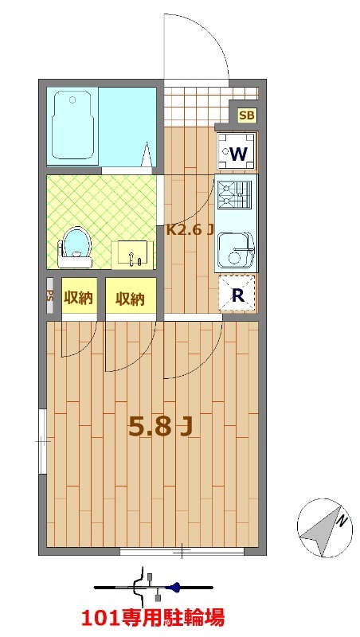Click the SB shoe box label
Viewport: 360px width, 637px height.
[246, 115]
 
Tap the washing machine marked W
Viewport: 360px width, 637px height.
[237, 151]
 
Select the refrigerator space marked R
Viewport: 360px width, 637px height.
[237, 294]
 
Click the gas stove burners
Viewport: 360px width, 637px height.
[234, 193]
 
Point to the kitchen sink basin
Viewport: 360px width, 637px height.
[236, 251]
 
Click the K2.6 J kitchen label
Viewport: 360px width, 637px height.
[190, 230]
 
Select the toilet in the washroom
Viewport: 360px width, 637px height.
[76, 248]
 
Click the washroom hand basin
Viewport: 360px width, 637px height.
[132, 255]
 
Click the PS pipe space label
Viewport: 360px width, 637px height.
[50, 295]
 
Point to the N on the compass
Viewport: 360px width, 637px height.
[343, 520]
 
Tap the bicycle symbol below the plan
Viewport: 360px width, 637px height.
[154, 587]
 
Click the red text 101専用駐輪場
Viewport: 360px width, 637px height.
[153, 618]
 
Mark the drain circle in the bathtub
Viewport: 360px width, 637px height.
[72, 100]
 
